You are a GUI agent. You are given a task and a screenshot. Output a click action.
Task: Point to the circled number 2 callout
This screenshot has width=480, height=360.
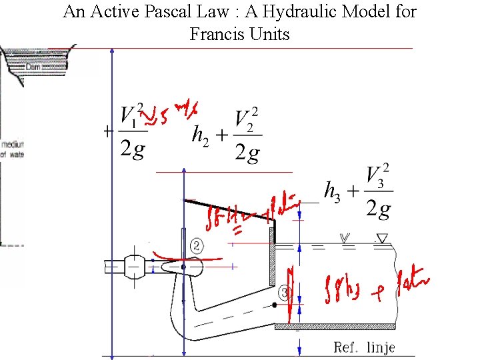tap(197, 246)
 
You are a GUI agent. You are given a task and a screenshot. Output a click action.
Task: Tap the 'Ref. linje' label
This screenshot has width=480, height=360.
tap(365, 347)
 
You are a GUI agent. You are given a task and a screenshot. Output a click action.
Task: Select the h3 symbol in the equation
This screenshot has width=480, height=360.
tap(331, 190)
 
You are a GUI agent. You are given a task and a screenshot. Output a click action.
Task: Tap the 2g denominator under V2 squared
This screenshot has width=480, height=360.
tap(247, 153)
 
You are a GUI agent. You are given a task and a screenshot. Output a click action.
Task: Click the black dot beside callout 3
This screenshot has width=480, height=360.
tap(275, 305)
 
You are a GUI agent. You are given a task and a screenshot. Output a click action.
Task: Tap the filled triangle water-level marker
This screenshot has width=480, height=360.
tap(381, 237)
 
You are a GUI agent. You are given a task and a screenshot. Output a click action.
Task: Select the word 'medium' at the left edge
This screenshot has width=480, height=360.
tap(12, 144)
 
